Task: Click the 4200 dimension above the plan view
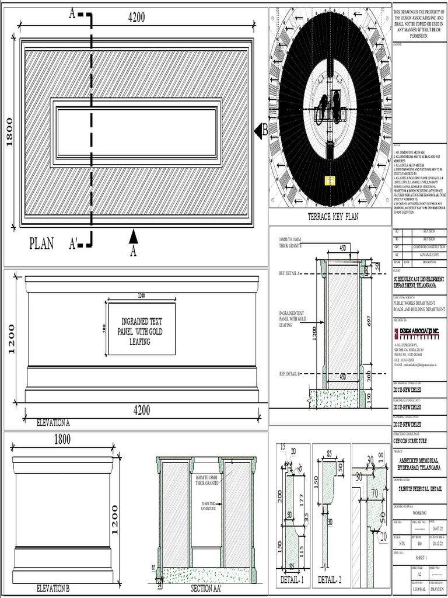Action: pyautogui.click(x=136, y=18)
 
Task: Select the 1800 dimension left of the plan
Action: pyautogui.click(x=9, y=132)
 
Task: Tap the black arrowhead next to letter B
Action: pyautogui.click(x=257, y=131)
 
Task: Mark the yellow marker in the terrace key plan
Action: pyautogui.click(x=330, y=180)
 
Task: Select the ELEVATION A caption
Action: pyautogui.click(x=53, y=422)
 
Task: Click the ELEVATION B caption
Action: pyautogui.click(x=53, y=589)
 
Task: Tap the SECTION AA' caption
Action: pyautogui.click(x=206, y=589)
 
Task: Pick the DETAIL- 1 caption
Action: pyautogui.click(x=293, y=580)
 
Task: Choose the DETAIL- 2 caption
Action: pyautogui.click(x=331, y=580)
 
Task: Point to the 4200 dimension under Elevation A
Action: pyautogui.click(x=142, y=411)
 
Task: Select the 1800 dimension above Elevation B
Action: pyautogui.click(x=62, y=439)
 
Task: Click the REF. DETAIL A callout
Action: pyautogui.click(x=290, y=273)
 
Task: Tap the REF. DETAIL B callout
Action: pyautogui.click(x=290, y=374)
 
